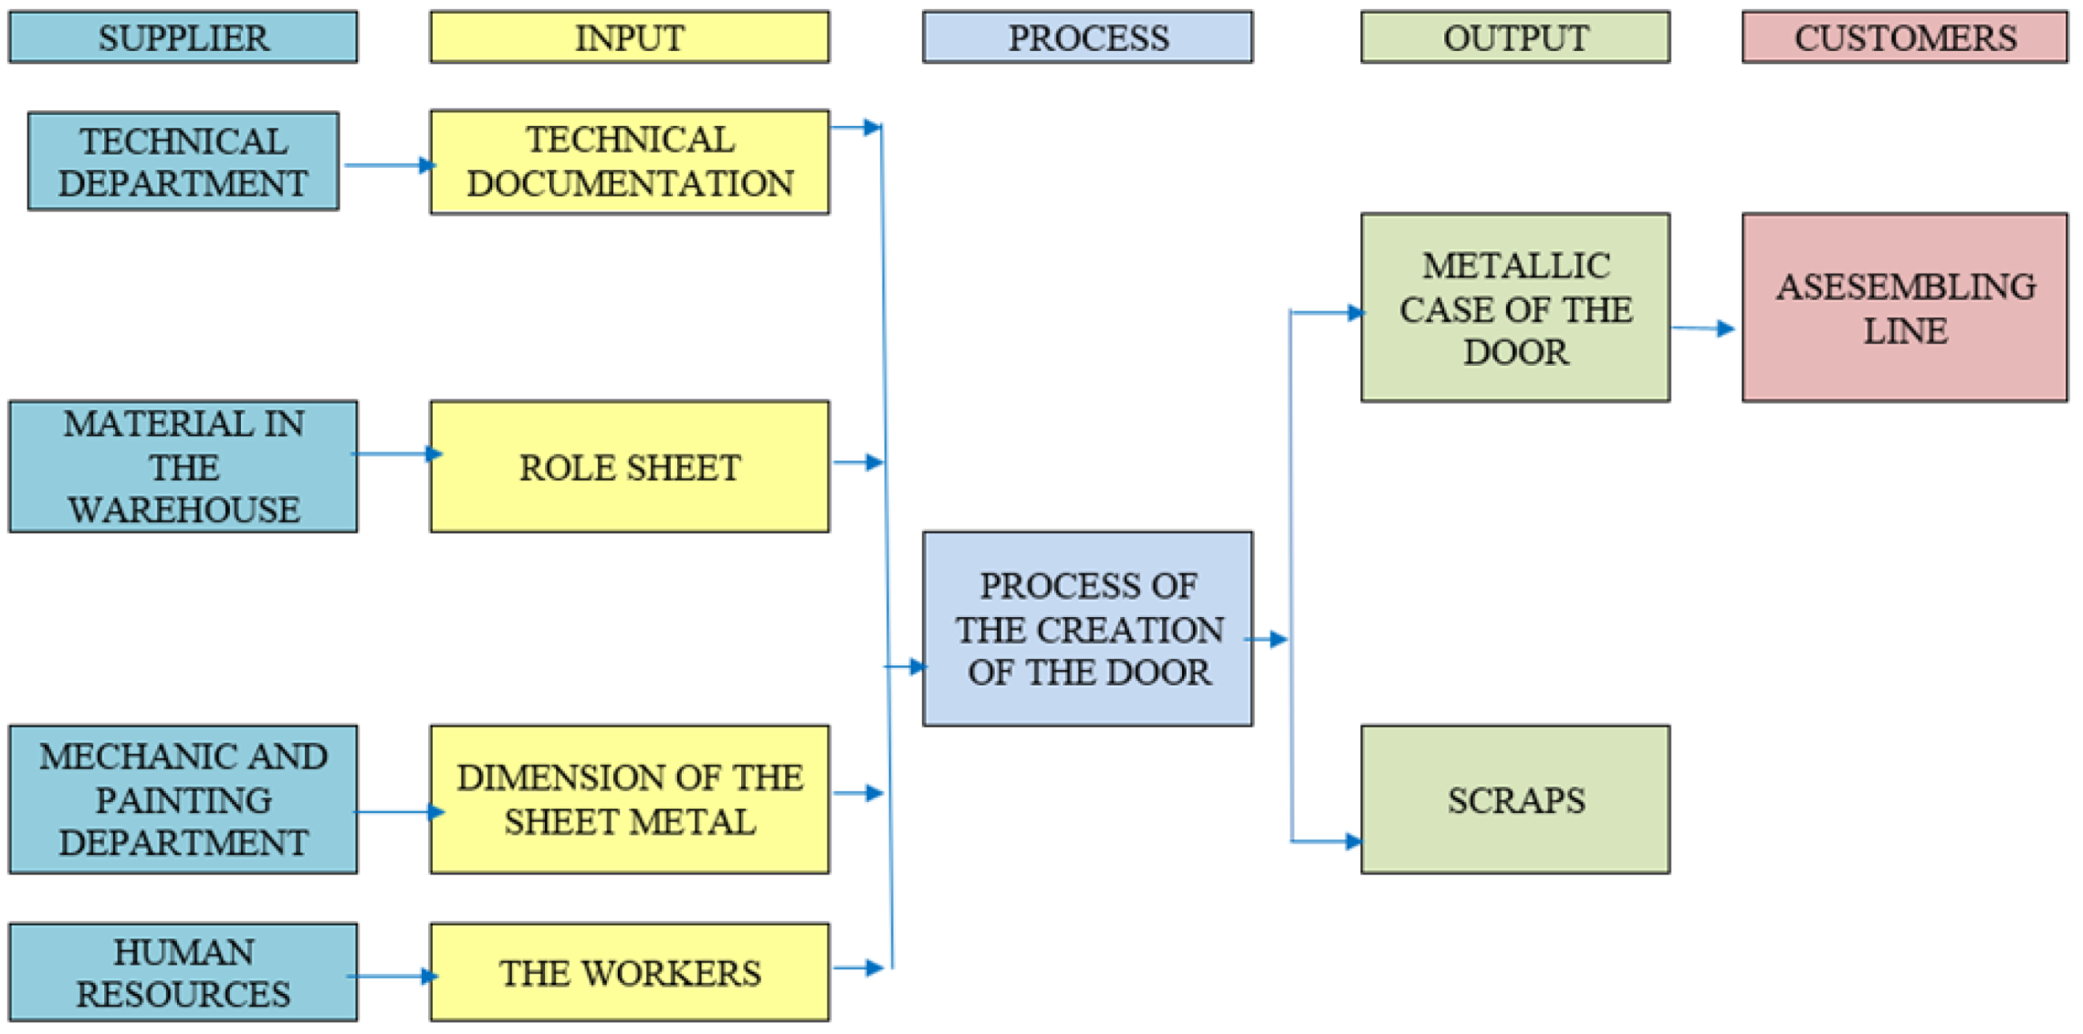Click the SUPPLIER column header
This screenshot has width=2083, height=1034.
pyautogui.click(x=183, y=37)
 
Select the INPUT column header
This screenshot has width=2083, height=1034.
pyautogui.click(x=629, y=37)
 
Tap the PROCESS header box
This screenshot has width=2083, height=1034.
pyautogui.click(x=1087, y=37)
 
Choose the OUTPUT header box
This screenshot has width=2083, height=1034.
pyautogui.click(x=1514, y=37)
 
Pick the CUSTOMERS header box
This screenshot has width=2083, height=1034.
pyautogui.click(x=1904, y=37)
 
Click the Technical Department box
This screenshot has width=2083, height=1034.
pyautogui.click(x=183, y=162)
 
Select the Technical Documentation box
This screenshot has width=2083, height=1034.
pyautogui.click(x=629, y=162)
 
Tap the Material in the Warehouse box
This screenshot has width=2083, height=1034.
pyautogui.click(x=183, y=466)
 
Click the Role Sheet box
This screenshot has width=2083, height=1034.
pyautogui.click(x=629, y=466)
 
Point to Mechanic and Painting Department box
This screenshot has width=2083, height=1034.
pyautogui.click(x=183, y=799)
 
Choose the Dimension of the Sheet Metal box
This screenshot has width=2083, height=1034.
pyautogui.click(x=629, y=799)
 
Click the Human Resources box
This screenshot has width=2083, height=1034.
pyautogui.click(x=183, y=972)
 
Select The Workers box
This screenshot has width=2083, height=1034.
pyautogui.click(x=629, y=972)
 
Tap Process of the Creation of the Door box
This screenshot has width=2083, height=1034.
pyautogui.click(x=1087, y=629)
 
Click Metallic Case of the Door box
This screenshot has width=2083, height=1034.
pyautogui.click(x=1514, y=308)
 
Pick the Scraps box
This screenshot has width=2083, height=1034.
pyautogui.click(x=1514, y=799)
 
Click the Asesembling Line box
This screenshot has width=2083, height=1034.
pyautogui.click(x=1904, y=308)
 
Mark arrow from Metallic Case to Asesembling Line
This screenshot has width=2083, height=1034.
pyautogui.click(x=1703, y=328)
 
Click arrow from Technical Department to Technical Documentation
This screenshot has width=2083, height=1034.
pyautogui.click(x=388, y=165)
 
